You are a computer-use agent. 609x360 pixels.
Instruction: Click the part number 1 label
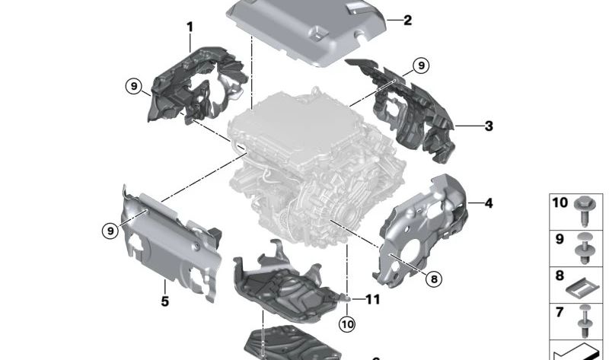190,27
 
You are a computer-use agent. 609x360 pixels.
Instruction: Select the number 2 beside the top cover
407,21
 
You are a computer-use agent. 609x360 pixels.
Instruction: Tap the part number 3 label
488,126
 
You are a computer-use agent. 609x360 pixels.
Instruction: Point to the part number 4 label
488,203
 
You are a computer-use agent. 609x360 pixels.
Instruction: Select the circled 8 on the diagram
433,279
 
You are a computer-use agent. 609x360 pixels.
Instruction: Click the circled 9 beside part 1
135,88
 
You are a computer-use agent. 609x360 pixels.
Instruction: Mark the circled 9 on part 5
112,229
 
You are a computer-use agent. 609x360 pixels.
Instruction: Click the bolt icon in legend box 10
585,208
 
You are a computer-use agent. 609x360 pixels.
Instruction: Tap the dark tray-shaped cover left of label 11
285,285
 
